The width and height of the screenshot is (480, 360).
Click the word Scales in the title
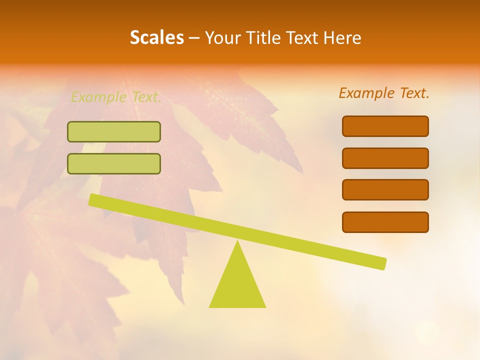click(x=156, y=37)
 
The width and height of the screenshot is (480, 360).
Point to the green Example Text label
click(x=116, y=97)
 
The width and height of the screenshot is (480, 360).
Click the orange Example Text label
click(x=384, y=93)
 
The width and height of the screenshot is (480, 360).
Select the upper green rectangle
click(x=114, y=131)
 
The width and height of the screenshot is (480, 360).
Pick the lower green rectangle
click(x=114, y=163)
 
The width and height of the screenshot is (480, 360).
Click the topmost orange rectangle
click(x=385, y=126)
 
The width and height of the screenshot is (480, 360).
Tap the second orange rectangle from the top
click(x=385, y=158)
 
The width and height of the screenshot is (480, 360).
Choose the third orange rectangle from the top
click(x=385, y=190)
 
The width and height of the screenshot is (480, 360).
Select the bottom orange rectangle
click(x=385, y=222)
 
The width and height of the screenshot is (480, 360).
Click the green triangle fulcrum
click(x=237, y=285)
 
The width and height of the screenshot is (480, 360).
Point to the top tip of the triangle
click(x=237, y=242)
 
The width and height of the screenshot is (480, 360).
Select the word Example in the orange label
click(x=367, y=93)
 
